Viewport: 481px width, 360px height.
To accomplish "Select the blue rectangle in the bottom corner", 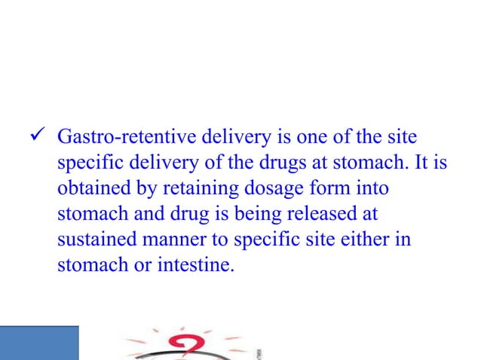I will tap(39, 343).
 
